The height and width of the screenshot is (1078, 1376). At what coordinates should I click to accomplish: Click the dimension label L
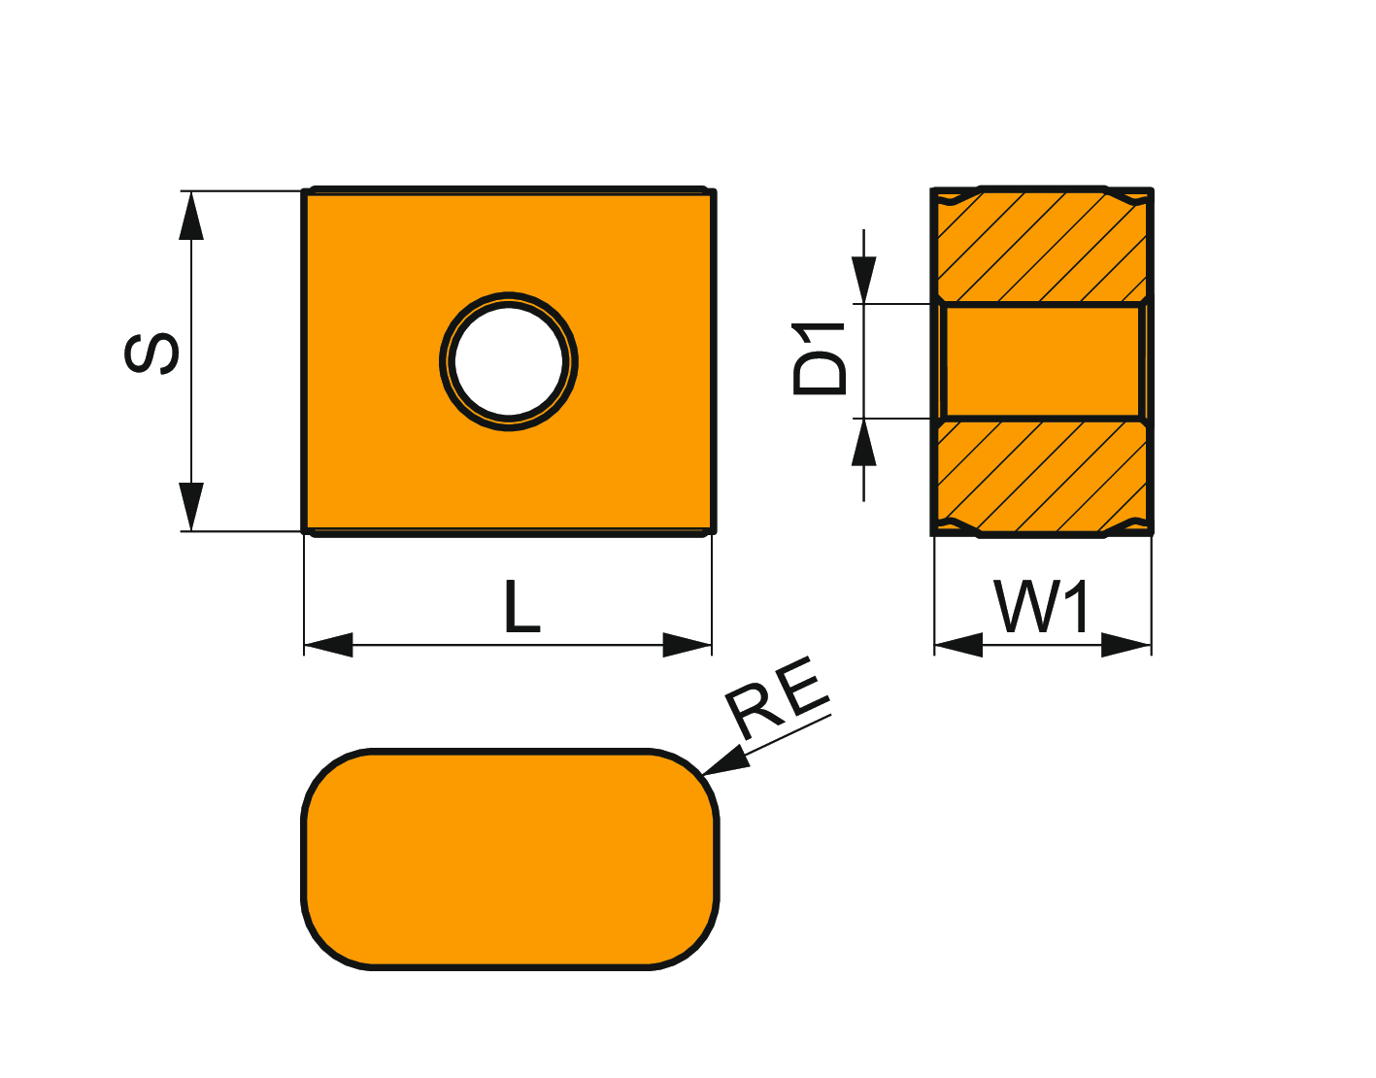(521, 607)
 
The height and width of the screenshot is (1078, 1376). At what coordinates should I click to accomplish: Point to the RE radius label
(778, 697)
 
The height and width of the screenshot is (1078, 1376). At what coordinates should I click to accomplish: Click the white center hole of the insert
(509, 361)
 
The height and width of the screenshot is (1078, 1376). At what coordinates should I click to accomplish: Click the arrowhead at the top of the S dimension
(191, 215)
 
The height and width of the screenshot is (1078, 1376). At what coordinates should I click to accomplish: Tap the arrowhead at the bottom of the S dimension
(191, 506)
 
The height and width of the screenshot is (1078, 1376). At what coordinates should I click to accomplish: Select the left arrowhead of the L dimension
(328, 644)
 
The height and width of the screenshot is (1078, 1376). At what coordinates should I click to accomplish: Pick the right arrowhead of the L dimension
(688, 644)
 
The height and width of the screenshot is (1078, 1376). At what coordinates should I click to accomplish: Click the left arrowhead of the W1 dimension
(957, 644)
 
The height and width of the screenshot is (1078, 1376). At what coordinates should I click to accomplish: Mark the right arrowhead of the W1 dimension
(1126, 644)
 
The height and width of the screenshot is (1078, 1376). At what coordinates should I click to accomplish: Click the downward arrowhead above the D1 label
(863, 280)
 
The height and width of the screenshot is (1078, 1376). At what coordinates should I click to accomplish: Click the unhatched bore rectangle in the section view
(1042, 361)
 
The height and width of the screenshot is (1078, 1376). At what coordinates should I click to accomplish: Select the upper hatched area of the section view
(1042, 248)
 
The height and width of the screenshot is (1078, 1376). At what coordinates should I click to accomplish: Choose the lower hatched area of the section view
(1042, 476)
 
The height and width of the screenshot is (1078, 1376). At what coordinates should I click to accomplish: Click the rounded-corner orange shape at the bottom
(510, 859)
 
